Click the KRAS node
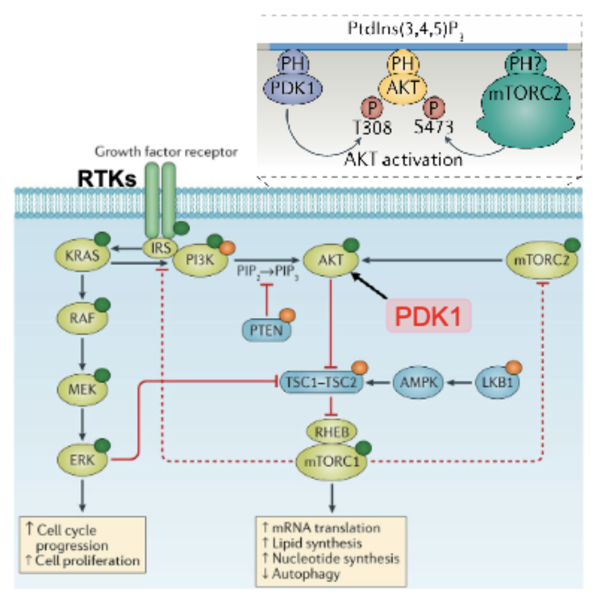(x=83, y=255)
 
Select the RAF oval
(x=82, y=317)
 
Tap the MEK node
(x=82, y=389)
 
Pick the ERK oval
(x=82, y=459)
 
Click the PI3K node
(x=200, y=260)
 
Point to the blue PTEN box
(x=266, y=330)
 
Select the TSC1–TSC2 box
(x=321, y=382)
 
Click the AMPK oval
(x=418, y=382)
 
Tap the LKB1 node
(x=497, y=382)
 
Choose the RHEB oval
(x=332, y=432)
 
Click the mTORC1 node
(x=332, y=462)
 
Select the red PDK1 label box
(x=429, y=315)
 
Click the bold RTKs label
(x=107, y=178)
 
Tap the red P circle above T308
(x=372, y=108)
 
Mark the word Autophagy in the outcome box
(x=306, y=574)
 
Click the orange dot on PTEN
(x=287, y=315)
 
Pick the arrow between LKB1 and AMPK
(x=460, y=382)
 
